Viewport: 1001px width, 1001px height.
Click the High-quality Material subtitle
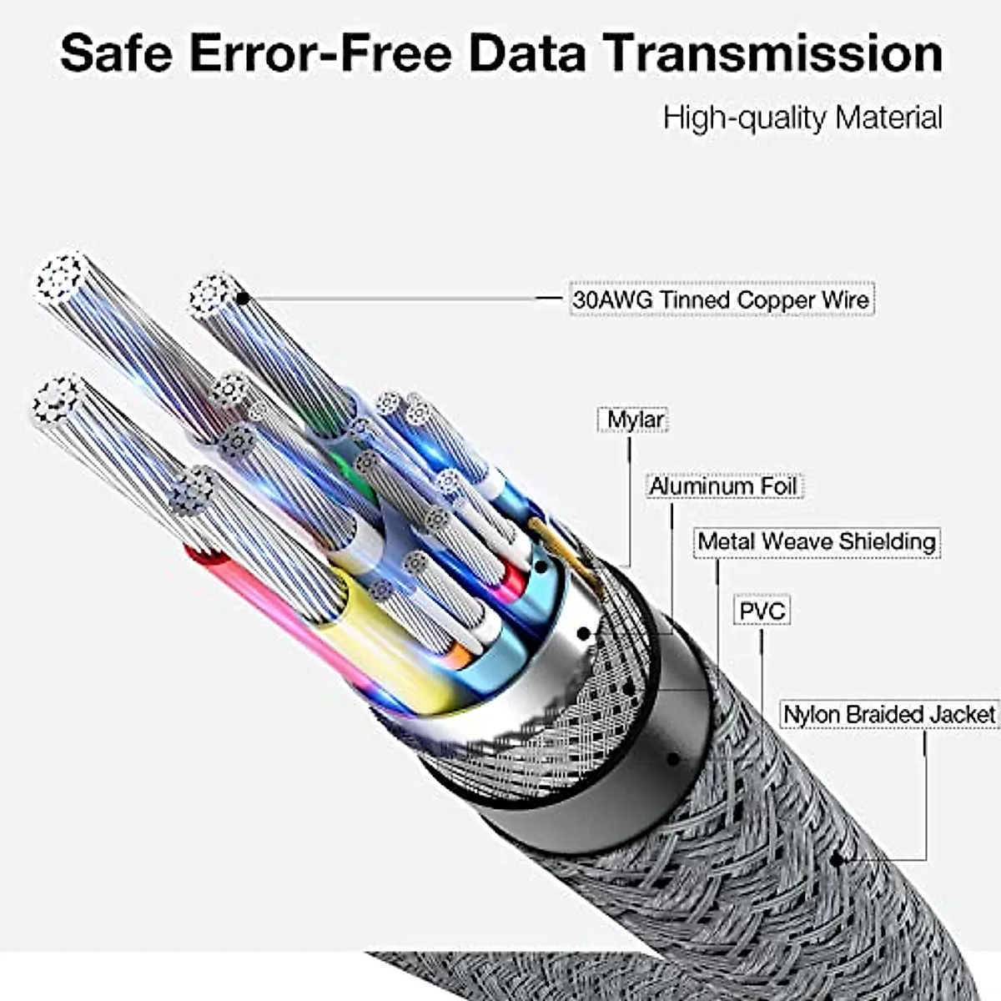(x=802, y=118)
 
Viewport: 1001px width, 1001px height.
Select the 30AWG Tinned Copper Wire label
(x=721, y=299)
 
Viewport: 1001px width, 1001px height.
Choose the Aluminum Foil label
(x=723, y=485)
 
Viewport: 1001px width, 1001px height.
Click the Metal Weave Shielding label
(x=816, y=541)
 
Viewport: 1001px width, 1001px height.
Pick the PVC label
(x=762, y=611)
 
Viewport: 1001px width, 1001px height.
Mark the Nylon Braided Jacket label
(x=888, y=715)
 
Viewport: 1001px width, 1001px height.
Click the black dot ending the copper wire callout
(x=242, y=298)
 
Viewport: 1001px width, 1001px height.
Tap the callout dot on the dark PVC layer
(x=672, y=760)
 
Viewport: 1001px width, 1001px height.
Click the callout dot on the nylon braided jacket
(x=835, y=860)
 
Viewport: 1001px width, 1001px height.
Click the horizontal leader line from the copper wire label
(x=400, y=298)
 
